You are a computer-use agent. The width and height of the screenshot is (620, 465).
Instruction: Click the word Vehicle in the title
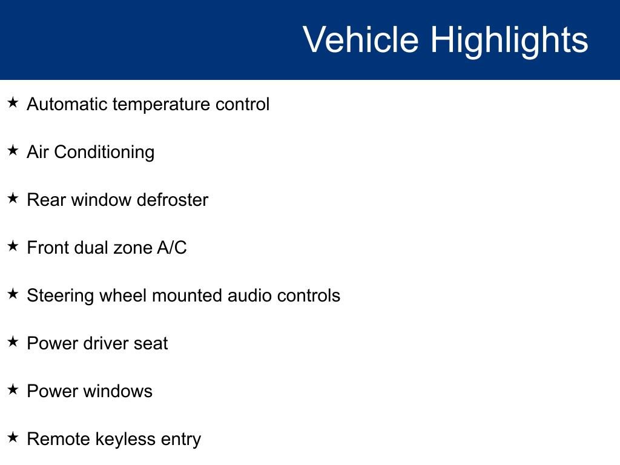tap(360, 40)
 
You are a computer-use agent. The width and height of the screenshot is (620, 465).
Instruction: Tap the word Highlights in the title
tap(509, 40)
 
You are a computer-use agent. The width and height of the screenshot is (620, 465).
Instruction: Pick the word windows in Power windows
tap(118, 391)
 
